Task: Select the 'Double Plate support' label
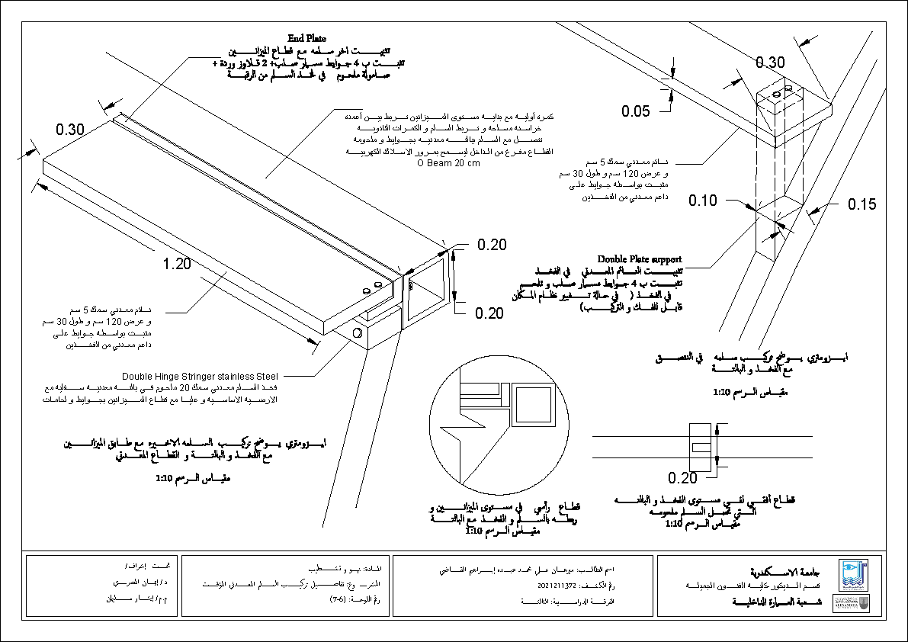coord(639,259)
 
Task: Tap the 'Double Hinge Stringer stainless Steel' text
coord(201,376)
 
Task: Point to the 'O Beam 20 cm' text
coord(448,163)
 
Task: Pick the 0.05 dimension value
coord(635,111)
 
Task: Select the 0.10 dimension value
coord(703,201)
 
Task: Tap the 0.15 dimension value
coord(861,204)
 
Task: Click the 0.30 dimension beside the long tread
coord(69,130)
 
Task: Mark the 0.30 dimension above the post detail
coord(770,63)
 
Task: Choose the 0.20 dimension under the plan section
coord(682,478)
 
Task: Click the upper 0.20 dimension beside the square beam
coord(492,245)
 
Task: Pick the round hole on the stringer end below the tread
coord(358,333)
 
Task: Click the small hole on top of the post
coord(776,95)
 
